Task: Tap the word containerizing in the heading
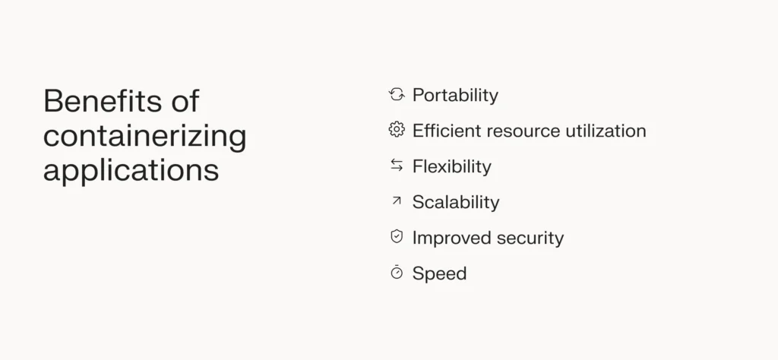tap(144, 137)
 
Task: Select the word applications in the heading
tap(131, 170)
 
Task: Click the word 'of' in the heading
tap(184, 101)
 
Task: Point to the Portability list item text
tap(455, 95)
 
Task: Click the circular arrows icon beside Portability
tap(396, 94)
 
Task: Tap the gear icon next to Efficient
tap(396, 130)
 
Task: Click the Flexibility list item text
tap(451, 166)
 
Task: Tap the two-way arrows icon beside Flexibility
tap(396, 166)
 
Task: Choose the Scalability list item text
tap(456, 202)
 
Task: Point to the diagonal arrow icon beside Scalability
tap(396, 201)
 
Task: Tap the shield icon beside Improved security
tap(396, 237)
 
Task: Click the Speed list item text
tap(439, 273)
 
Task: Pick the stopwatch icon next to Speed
tap(396, 272)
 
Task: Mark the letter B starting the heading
tap(52, 101)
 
